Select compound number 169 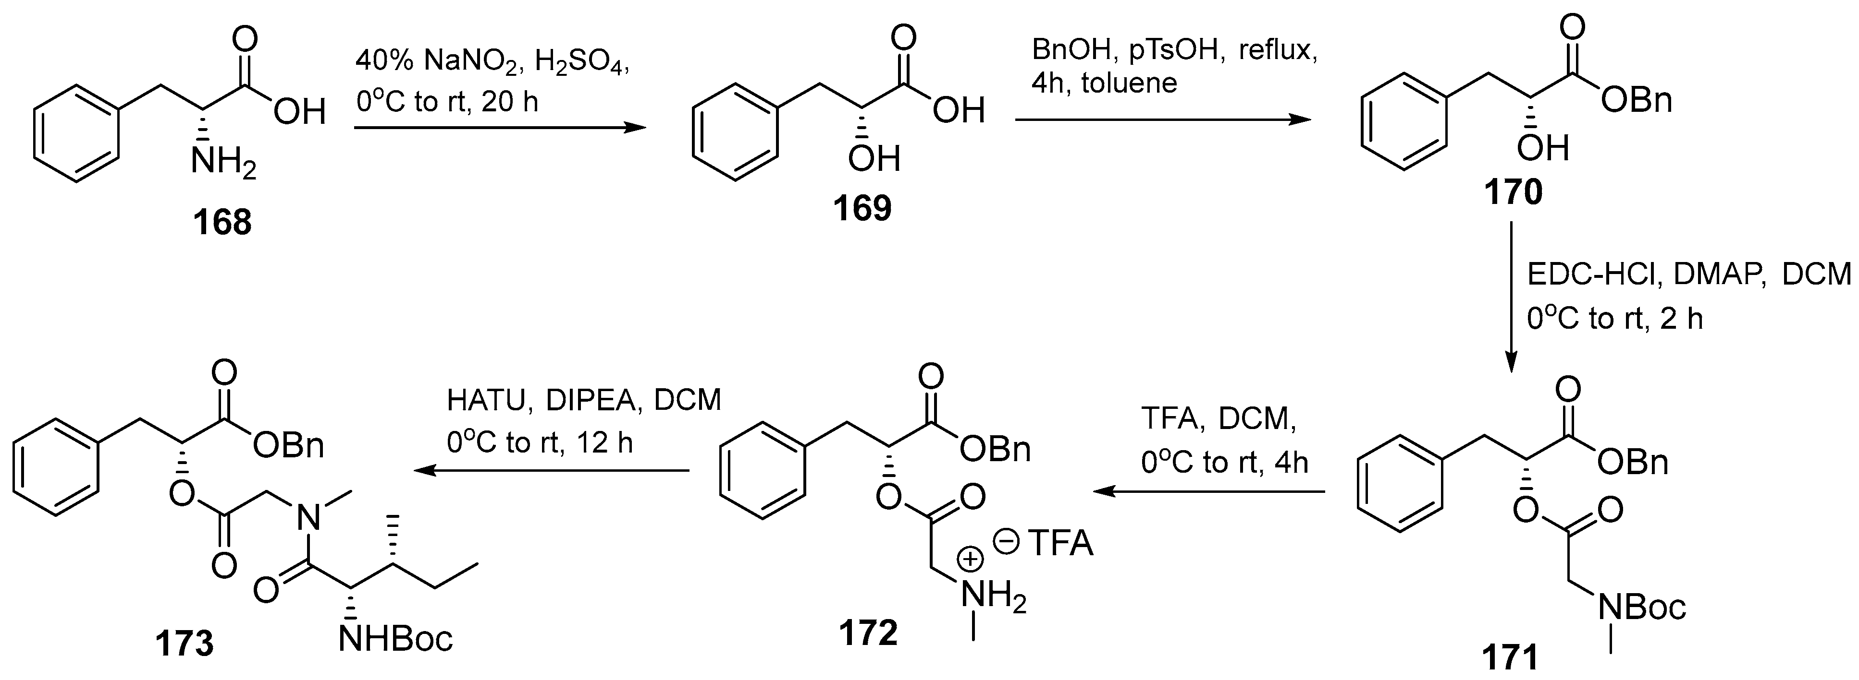point(862,208)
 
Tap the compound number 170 point(1514,192)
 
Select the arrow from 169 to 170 point(1162,119)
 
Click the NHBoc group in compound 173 point(395,638)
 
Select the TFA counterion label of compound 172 point(1059,543)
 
